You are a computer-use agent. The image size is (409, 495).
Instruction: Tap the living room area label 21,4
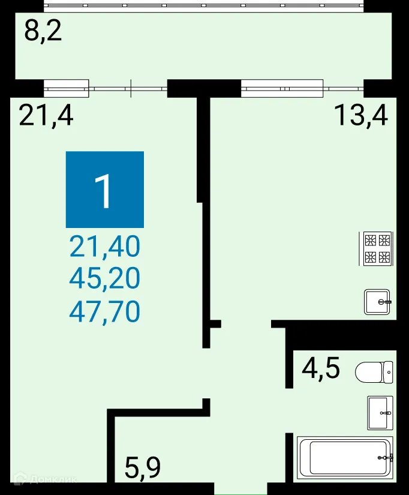pyautogui.click(x=46, y=115)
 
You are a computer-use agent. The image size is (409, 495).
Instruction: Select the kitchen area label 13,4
pyautogui.click(x=361, y=115)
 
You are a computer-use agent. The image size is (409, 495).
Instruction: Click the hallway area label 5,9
pyautogui.click(x=143, y=467)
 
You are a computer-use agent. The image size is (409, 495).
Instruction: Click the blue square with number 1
pyautogui.click(x=105, y=190)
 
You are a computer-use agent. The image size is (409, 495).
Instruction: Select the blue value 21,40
pyautogui.click(x=105, y=246)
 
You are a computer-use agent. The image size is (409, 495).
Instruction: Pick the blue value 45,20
pyautogui.click(x=105, y=278)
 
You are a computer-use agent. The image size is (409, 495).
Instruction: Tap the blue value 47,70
pyautogui.click(x=105, y=311)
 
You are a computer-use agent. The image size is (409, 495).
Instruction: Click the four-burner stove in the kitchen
pyautogui.click(x=377, y=249)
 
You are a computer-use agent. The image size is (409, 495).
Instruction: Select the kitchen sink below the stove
pyautogui.click(x=378, y=302)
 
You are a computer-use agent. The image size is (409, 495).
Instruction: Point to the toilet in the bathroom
pyautogui.click(x=374, y=372)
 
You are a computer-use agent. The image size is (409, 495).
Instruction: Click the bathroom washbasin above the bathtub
pyautogui.click(x=380, y=413)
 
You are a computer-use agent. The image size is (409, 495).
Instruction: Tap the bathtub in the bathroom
pyautogui.click(x=345, y=457)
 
